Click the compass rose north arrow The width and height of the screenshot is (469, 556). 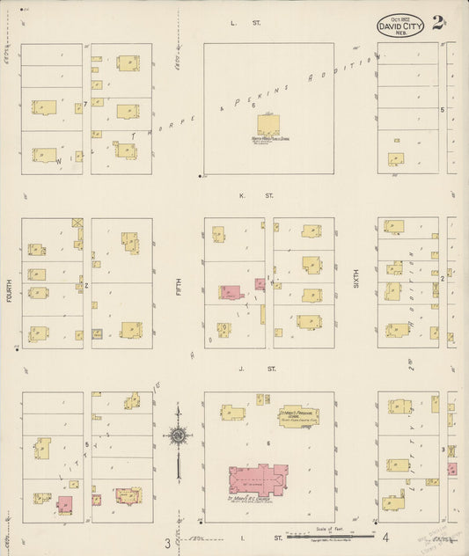click(x=179, y=436)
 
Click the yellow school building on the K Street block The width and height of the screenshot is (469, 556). click(x=268, y=124)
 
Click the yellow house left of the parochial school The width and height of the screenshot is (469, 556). click(x=233, y=412)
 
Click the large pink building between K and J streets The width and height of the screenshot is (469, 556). click(x=231, y=292)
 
